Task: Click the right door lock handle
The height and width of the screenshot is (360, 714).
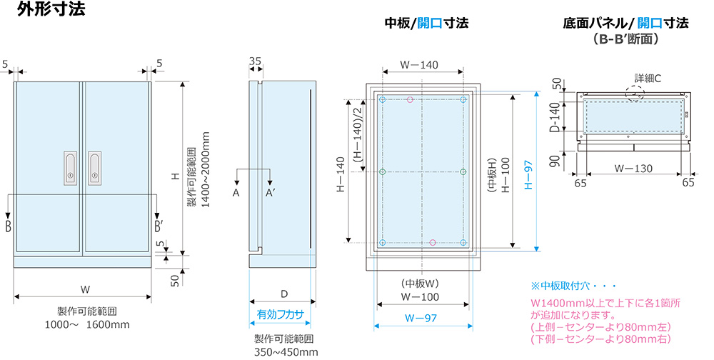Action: pyautogui.click(x=95, y=169)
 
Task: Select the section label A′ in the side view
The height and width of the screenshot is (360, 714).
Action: pyautogui.click(x=271, y=193)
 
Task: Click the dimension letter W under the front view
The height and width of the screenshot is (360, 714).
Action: pyautogui.click(x=84, y=289)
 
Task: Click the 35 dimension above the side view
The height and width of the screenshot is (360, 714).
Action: pyautogui.click(x=255, y=62)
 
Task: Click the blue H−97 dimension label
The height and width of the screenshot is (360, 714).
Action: pyautogui.click(x=528, y=171)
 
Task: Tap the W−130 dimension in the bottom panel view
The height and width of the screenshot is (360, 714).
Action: pyautogui.click(x=633, y=169)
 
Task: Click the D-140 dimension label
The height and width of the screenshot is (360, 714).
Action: pyautogui.click(x=553, y=118)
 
